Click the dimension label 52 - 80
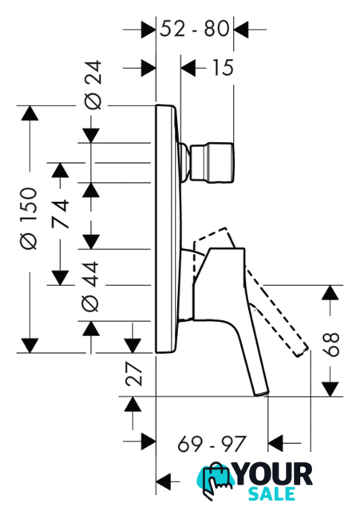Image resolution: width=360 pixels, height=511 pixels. (x=195, y=29)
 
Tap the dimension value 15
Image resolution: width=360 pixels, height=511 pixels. (x=223, y=68)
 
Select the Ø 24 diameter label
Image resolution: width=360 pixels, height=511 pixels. (x=93, y=85)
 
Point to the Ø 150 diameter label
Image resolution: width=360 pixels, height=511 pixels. (x=29, y=218)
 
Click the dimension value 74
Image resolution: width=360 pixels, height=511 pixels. (x=61, y=214)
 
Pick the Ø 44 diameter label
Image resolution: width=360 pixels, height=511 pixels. (x=90, y=287)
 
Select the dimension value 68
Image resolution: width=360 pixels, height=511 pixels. (x=330, y=345)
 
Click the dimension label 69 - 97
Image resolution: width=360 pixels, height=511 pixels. (x=212, y=444)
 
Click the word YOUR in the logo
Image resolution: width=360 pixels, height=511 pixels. (x=274, y=474)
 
